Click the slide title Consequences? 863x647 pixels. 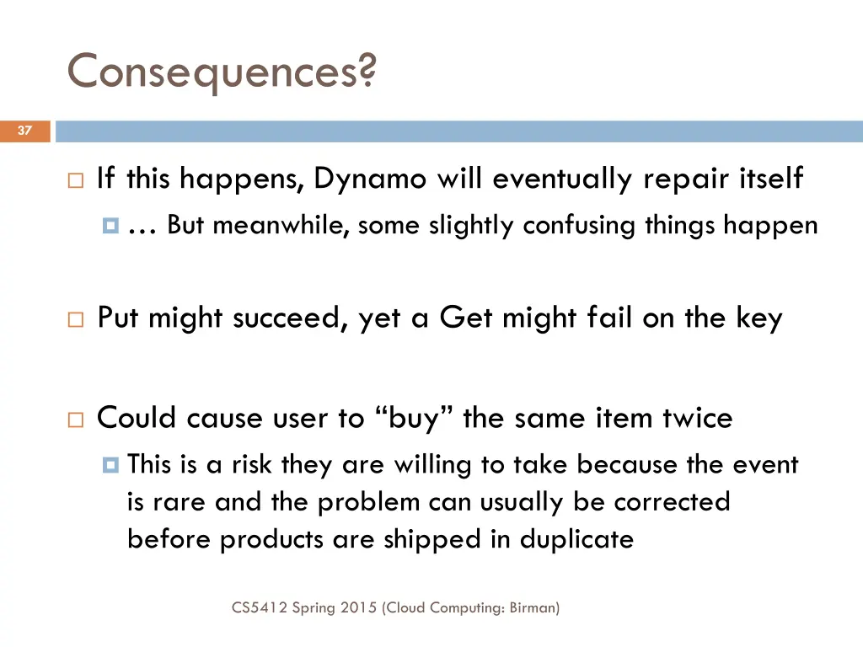click(222, 72)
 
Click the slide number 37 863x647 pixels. click(24, 131)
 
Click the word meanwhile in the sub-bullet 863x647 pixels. click(281, 226)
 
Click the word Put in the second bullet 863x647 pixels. click(119, 318)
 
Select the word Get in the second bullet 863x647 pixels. click(466, 318)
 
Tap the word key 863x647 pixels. click(759, 318)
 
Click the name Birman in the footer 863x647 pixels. click(533, 607)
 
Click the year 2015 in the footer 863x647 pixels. click(360, 607)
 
